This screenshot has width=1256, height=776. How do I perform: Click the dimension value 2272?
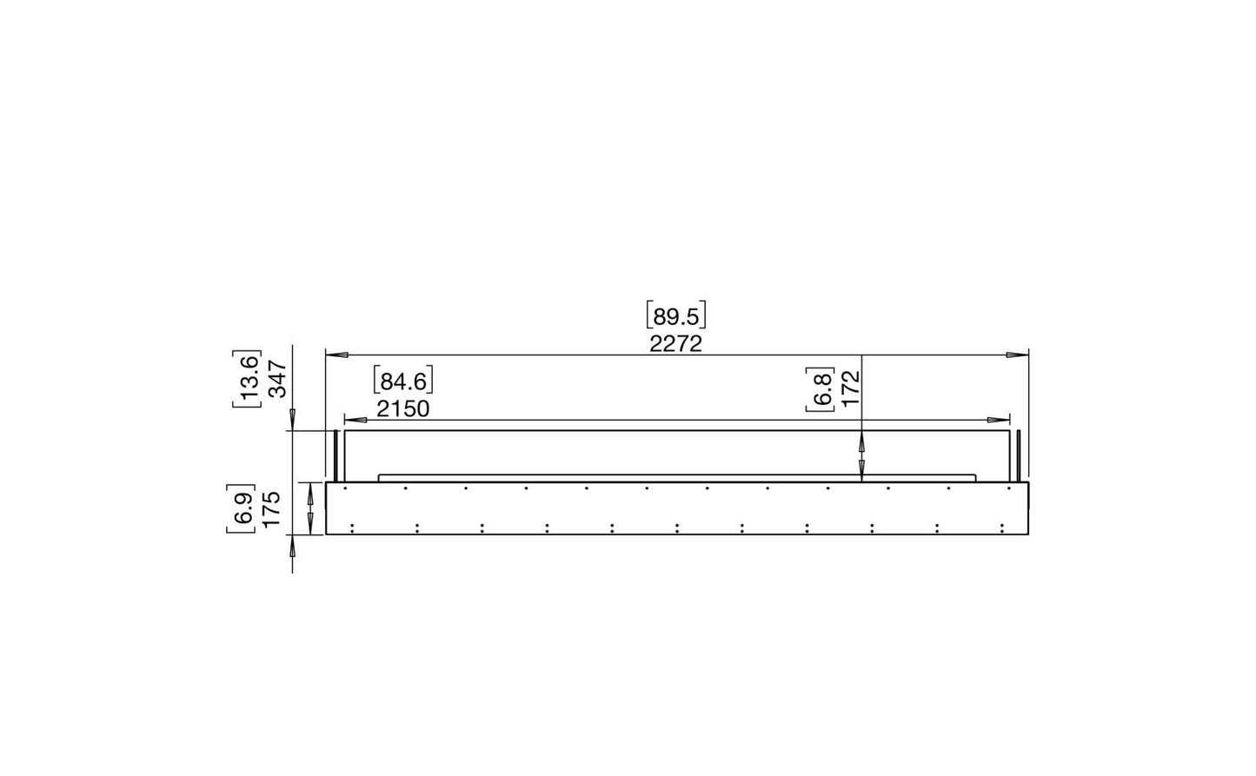click(675, 344)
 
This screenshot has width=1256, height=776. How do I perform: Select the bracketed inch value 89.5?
click(675, 316)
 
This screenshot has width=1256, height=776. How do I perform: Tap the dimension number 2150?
click(402, 409)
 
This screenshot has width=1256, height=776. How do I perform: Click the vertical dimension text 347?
click(278, 379)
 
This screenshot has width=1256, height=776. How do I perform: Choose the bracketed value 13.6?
click(247, 379)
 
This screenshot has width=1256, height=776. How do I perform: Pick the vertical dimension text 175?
click(271, 508)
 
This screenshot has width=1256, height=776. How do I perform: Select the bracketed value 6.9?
click(241, 508)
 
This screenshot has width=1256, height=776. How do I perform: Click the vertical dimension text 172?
click(851, 388)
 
